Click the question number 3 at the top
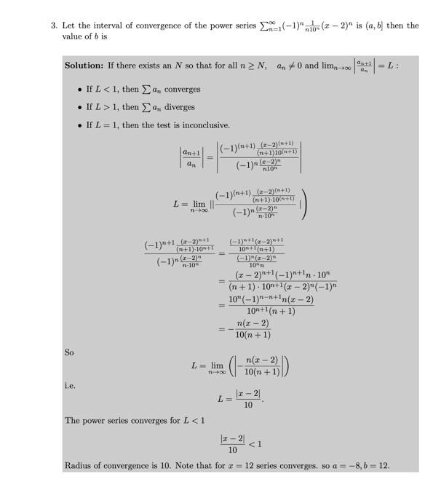(x=54, y=25)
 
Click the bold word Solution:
(x=83, y=66)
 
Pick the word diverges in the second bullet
(x=177, y=107)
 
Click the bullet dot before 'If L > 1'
(x=79, y=107)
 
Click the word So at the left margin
(x=69, y=352)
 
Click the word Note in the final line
(x=196, y=466)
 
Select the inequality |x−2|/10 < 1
(x=240, y=443)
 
